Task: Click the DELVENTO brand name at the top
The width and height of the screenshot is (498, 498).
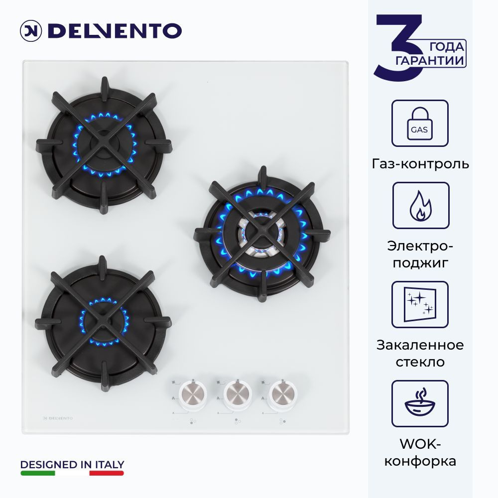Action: pos(115,31)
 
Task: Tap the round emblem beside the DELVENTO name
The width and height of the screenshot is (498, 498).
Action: pos(30,31)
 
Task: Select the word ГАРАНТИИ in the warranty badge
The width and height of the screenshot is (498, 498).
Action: pos(430,60)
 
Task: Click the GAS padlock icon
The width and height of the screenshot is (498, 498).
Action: pos(419,123)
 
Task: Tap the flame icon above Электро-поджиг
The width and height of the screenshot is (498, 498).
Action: pos(420,206)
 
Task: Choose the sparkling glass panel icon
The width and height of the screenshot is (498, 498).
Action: pos(420,305)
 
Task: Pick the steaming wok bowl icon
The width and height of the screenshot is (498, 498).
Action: pos(420,403)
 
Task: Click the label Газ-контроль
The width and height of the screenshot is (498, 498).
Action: pos(420,164)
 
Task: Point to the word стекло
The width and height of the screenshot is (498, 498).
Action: pos(420,362)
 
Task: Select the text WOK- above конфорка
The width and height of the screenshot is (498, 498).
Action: pos(420,444)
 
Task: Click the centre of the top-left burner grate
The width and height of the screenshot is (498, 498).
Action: pos(104,145)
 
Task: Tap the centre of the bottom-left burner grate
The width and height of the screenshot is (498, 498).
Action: pos(103,323)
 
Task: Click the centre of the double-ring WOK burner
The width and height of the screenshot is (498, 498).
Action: pos(262,234)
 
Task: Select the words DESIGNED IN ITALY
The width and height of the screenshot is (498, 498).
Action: pos(72,465)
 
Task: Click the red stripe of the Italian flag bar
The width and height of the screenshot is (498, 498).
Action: pos(107,473)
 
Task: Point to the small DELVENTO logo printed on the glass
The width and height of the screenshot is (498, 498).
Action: pos(58,418)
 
